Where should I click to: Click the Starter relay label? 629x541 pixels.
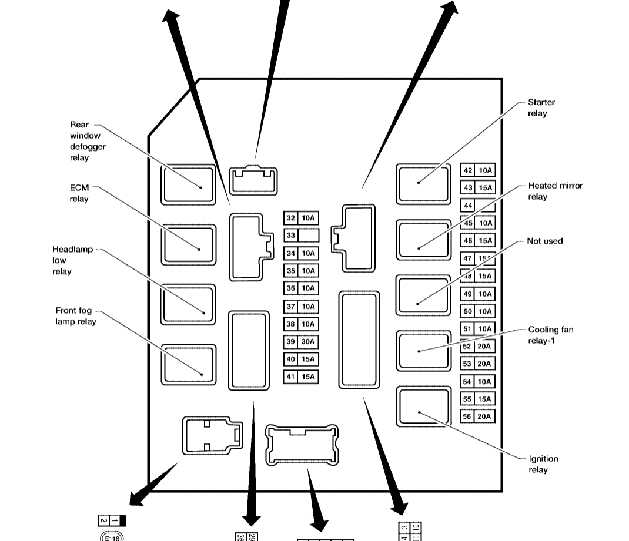[541, 107]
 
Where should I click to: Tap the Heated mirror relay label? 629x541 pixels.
[555, 191]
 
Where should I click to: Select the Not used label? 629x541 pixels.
[544, 241]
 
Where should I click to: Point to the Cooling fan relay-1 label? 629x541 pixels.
[550, 335]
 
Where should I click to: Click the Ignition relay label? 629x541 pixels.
[543, 464]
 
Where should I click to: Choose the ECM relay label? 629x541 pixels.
[79, 193]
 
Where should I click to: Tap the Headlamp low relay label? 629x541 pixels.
[72, 260]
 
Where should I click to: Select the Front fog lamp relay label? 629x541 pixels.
[76, 316]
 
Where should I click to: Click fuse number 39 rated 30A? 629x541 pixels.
[301, 342]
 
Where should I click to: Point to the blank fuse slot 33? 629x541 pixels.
[301, 236]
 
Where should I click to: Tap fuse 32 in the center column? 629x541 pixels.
[301, 218]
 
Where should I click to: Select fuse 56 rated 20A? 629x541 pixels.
[477, 416]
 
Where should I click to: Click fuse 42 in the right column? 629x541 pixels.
[477, 170]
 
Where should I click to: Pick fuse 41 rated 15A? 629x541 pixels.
[301, 377]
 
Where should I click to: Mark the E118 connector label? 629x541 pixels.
[112, 536]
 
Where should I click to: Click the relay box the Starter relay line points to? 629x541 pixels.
[423, 184]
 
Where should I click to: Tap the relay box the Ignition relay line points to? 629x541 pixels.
[423, 406]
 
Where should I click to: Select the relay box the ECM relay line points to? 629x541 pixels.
[188, 244]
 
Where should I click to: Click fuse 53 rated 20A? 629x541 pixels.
[477, 364]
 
